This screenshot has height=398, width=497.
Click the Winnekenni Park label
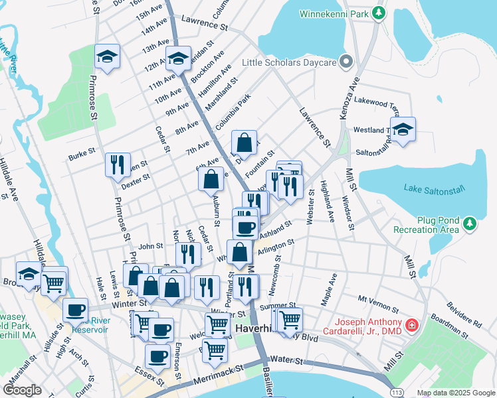333,13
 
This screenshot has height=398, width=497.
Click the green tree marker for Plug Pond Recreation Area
470,222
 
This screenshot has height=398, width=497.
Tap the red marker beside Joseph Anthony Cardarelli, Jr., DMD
412,324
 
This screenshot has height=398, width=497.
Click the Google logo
23,390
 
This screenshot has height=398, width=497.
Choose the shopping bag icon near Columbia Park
245,143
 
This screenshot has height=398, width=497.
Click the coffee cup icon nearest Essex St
157,356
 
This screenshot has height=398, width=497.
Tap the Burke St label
82,157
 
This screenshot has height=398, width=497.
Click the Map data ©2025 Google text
456,392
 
